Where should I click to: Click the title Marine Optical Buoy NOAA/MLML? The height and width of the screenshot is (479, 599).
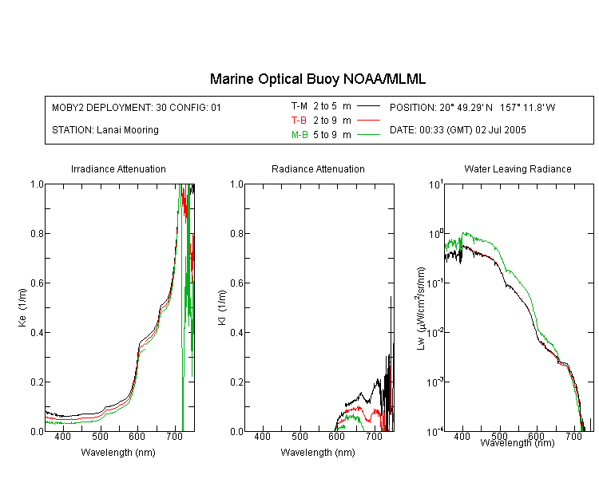tap(317, 79)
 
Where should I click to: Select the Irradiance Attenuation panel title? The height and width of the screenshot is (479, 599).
tap(118, 168)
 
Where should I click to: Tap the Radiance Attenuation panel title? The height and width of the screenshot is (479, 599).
tap(318, 168)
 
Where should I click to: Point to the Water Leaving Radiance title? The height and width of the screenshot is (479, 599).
tap(518, 168)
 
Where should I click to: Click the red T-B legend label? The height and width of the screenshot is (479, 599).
tap(299, 121)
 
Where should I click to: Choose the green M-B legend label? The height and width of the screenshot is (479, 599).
tap(299, 135)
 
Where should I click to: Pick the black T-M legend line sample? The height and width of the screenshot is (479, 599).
tap(368, 106)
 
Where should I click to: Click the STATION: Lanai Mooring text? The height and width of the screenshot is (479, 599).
tap(105, 130)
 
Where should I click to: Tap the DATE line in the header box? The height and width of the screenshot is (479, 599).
tap(458, 130)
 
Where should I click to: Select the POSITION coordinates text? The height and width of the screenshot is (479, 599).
tap(472, 107)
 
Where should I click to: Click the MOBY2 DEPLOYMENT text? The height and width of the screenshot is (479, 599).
tap(137, 107)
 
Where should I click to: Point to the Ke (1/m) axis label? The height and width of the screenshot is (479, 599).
tap(22, 307)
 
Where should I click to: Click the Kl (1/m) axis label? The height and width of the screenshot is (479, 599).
tap(222, 307)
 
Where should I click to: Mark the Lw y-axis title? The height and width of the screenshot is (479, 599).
tap(420, 308)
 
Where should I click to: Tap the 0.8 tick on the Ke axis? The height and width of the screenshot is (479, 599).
tap(37, 233)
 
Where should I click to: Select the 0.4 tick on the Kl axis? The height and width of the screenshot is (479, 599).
tap(237, 332)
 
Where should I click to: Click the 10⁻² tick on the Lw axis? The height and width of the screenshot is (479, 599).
tap(435, 331)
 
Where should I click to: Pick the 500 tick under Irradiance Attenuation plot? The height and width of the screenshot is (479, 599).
tap(100, 437)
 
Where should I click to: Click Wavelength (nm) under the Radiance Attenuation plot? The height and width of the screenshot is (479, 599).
tap(318, 453)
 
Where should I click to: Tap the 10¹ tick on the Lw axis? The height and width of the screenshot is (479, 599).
tap(435, 184)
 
